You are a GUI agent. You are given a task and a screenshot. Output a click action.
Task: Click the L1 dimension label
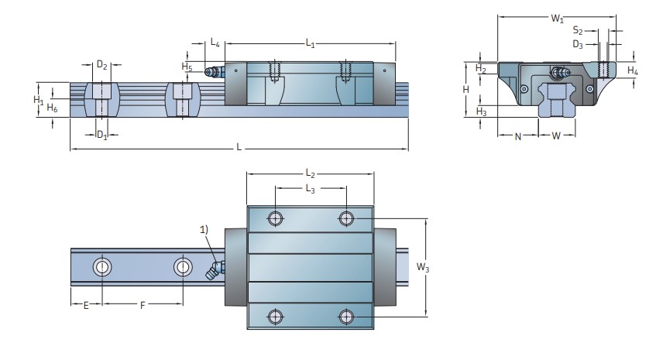pyautogui.click(x=310, y=43)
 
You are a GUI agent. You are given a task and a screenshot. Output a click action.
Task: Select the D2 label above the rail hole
pyautogui.click(x=101, y=65)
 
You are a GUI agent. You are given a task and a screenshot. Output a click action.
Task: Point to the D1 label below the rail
pyautogui.click(x=101, y=135)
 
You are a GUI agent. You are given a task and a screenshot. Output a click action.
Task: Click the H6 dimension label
pyautogui.click(x=52, y=108)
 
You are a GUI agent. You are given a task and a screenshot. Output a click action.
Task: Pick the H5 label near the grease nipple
pyautogui.click(x=187, y=67)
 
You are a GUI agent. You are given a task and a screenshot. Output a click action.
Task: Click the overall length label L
pyautogui.click(x=239, y=147)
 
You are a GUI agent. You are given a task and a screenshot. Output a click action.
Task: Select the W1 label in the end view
pyautogui.click(x=557, y=17)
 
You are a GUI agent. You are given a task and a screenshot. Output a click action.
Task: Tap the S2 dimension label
pyautogui.click(x=578, y=31)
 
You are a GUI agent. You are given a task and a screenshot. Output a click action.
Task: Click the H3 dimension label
pyautogui.click(x=480, y=112)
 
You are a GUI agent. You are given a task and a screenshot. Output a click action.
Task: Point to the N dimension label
pyautogui.click(x=517, y=136)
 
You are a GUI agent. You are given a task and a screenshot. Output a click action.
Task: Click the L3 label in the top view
pyautogui.click(x=310, y=188)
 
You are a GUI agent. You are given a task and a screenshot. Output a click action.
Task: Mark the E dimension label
pyautogui.click(x=86, y=306)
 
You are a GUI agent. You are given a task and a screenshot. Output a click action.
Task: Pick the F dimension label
pyautogui.click(x=141, y=306)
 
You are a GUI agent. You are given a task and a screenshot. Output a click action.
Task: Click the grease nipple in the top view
pyautogui.click(x=211, y=271)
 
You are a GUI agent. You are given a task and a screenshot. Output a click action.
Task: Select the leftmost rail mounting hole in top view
pyautogui.click(x=102, y=267)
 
